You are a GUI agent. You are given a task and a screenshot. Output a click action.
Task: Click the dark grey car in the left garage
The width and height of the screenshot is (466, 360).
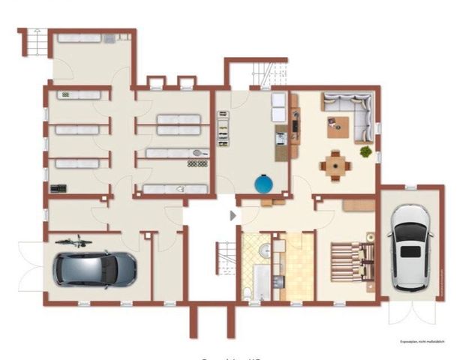point(95,268)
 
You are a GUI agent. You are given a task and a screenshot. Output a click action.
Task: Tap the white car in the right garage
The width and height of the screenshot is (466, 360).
point(411,247)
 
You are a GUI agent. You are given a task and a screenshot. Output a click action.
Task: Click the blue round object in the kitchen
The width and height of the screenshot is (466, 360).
point(263,183)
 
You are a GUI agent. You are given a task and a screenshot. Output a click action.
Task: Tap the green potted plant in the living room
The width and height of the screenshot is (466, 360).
point(365,151)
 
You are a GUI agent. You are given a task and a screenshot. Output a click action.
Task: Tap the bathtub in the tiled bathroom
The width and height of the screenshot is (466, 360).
point(261,284)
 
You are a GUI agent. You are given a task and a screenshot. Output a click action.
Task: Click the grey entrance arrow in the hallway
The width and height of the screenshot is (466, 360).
point(233,215)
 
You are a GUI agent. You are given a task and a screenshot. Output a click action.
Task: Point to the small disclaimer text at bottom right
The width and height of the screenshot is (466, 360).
point(422,340)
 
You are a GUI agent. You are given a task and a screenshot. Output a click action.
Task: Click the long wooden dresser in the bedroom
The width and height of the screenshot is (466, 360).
point(359,205)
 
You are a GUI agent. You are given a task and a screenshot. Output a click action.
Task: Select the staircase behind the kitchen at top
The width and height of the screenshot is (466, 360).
point(262,73)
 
